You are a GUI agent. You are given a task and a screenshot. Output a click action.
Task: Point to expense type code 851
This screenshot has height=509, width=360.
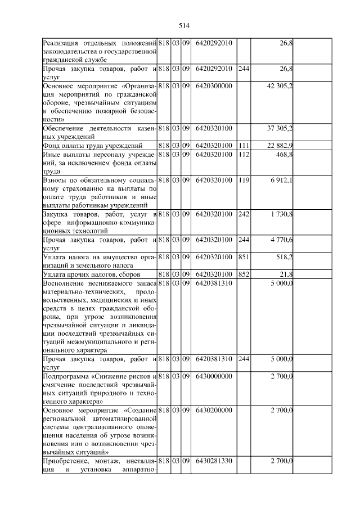[x=244, y=256]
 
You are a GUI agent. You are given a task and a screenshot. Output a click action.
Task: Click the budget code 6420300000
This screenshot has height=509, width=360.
[x=214, y=86]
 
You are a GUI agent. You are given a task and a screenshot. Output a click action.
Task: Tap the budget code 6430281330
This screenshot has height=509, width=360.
[x=214, y=461]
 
